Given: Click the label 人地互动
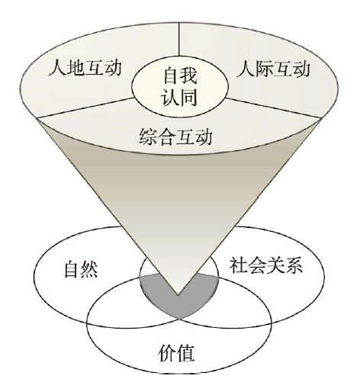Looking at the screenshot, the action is point(85,68).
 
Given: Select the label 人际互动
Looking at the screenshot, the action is point(274,69).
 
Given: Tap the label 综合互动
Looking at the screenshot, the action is point(175,137).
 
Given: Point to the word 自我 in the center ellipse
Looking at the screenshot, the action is point(180,75).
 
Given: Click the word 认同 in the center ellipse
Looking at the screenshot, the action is point(180,97).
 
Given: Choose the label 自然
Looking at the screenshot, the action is point(81,268).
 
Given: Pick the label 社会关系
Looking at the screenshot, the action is point(266,265).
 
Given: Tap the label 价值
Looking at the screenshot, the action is point(176,353).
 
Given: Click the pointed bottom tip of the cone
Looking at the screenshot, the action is point(178,295).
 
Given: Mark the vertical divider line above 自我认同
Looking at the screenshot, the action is point(179,40).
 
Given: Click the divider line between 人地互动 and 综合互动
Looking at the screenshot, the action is point(86,108).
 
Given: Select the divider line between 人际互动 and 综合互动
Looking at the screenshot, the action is point(274,108).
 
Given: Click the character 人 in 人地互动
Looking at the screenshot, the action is point(57,68).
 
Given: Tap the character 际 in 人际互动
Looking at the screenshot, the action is point(265,69).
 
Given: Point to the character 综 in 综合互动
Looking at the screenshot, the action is point(148,137).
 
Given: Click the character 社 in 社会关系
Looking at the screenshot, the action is point(238,265).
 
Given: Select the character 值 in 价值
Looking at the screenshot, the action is point(185,353).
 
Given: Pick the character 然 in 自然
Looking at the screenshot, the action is point(90,268).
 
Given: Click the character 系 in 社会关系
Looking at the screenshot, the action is point(294,265).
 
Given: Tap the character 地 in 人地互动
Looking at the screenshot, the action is point(76,68).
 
